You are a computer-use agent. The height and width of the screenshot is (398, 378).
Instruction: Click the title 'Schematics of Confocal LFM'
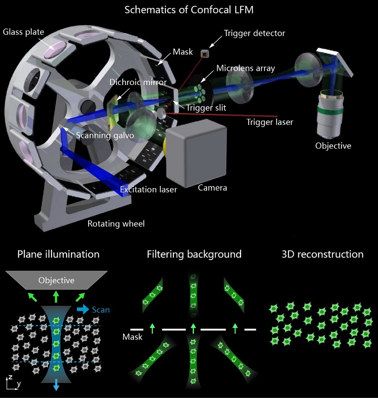click(189, 10)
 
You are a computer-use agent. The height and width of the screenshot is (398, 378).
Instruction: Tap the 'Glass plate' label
click(24, 32)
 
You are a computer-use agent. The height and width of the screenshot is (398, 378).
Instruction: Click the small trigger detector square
click(205, 53)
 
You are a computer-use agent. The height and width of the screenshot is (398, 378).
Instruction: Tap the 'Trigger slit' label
click(207, 108)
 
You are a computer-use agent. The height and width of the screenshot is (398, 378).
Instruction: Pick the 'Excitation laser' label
click(148, 189)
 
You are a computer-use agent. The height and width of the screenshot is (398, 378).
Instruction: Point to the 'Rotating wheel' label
click(116, 224)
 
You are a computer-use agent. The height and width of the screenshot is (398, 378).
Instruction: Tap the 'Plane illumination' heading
click(58, 254)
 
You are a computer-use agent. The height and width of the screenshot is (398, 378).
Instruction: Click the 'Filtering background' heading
click(194, 254)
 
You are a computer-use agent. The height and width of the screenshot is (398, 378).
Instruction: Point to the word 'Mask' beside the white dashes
click(132, 336)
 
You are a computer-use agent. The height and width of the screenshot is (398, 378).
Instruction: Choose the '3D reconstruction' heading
click(323, 254)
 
